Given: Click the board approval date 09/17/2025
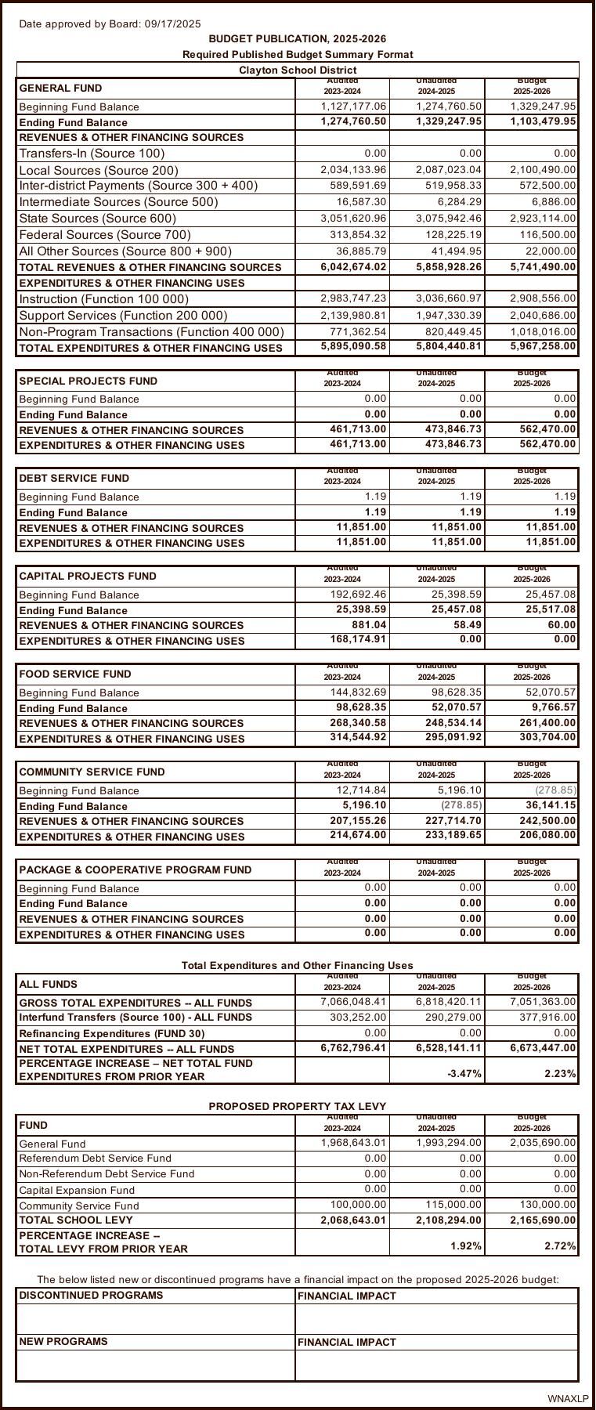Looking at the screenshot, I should (172, 23).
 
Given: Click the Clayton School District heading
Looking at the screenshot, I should (298, 70).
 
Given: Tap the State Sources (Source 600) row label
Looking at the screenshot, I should (97, 218).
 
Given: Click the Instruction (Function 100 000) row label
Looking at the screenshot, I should (103, 298).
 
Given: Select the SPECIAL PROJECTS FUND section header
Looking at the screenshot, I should (88, 381).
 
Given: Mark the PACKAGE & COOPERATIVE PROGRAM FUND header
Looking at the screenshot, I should (135, 869).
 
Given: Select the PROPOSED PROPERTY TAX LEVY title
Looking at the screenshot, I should (297, 1106).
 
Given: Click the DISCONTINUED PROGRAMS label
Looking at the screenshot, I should (91, 1295).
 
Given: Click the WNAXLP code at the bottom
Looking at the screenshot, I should (568, 1398).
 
